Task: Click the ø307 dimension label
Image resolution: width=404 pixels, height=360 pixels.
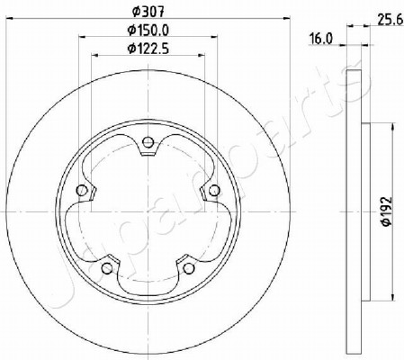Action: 148,12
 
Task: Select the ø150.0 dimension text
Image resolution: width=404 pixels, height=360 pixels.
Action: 148,30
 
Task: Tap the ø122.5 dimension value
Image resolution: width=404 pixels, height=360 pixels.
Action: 148,49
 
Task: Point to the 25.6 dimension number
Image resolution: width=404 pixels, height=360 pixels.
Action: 390,21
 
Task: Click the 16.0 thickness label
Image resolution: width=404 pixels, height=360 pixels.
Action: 321,39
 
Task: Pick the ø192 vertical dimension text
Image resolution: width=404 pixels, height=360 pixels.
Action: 386,211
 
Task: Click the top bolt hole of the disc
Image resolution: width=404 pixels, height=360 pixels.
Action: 148,142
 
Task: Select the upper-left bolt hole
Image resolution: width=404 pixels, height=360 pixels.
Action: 82,190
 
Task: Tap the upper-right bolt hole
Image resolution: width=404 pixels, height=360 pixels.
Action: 214,190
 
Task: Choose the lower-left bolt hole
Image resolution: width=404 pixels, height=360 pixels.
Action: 107,268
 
